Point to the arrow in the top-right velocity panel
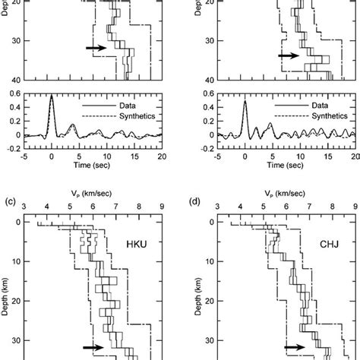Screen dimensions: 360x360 pos(289,55)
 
